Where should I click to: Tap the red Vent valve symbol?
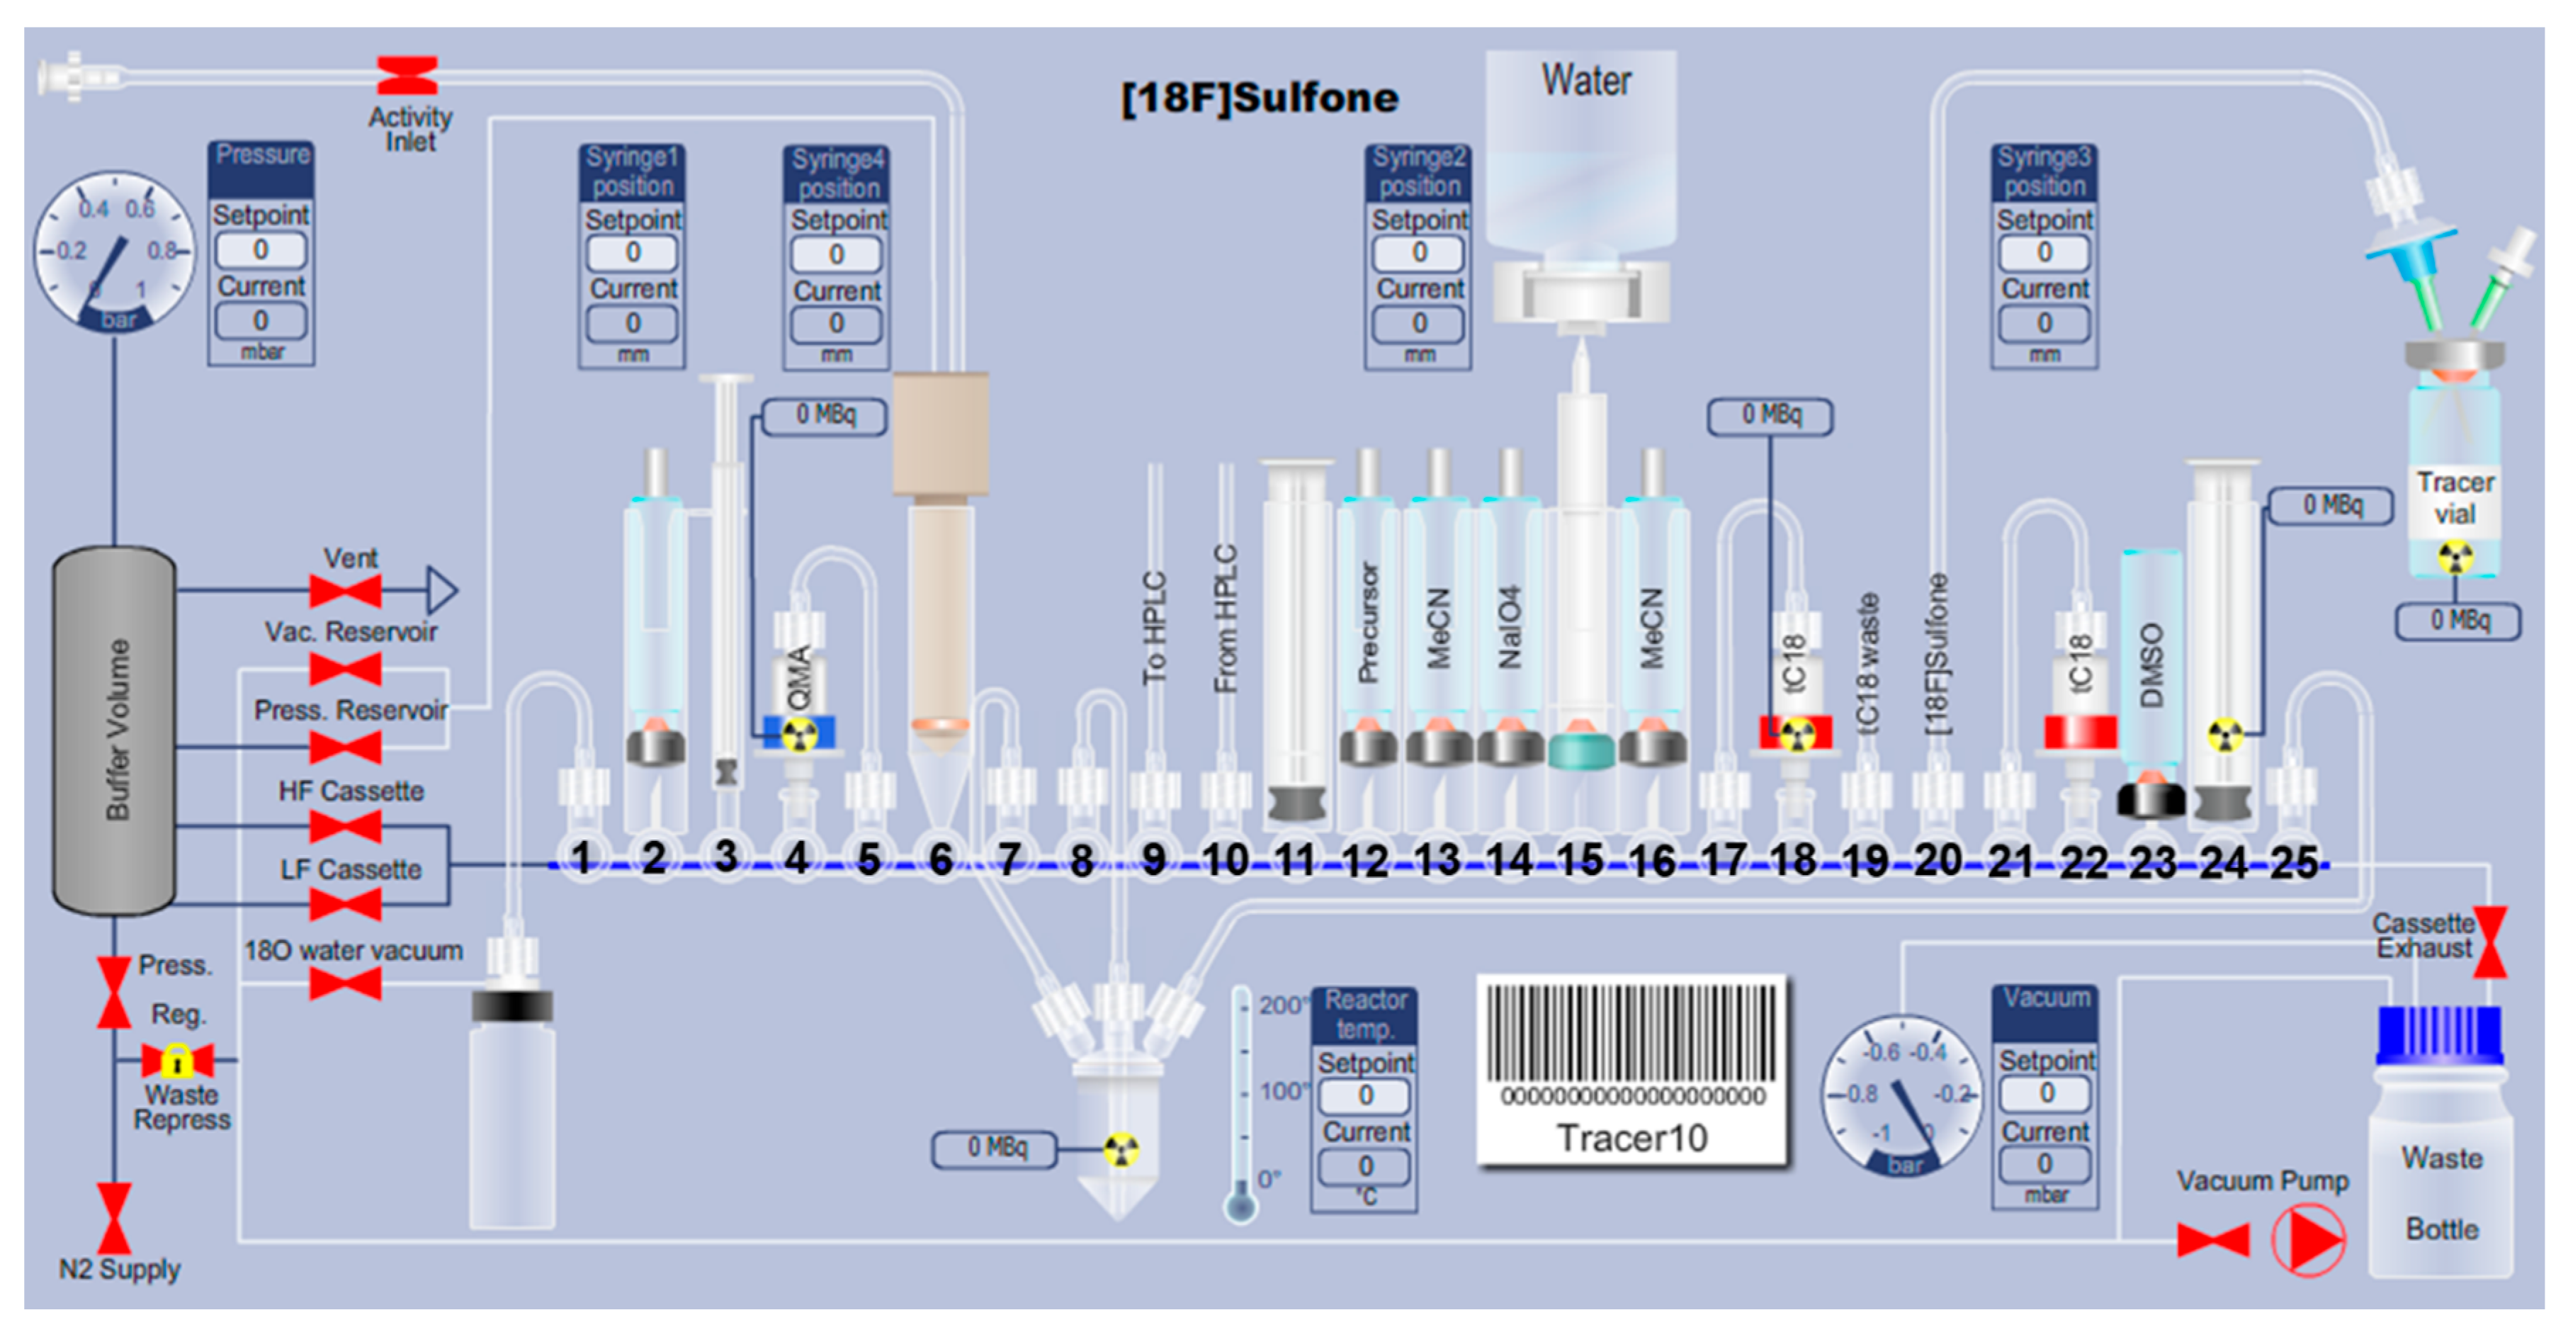345,591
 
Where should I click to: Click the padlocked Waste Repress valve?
177,1060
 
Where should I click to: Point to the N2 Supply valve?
113,1219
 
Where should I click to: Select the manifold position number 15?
1579,859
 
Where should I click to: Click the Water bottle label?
1585,81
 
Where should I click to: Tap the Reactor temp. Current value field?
1364,1165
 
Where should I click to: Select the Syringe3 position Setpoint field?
2044,252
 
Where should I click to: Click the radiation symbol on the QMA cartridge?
798,735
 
